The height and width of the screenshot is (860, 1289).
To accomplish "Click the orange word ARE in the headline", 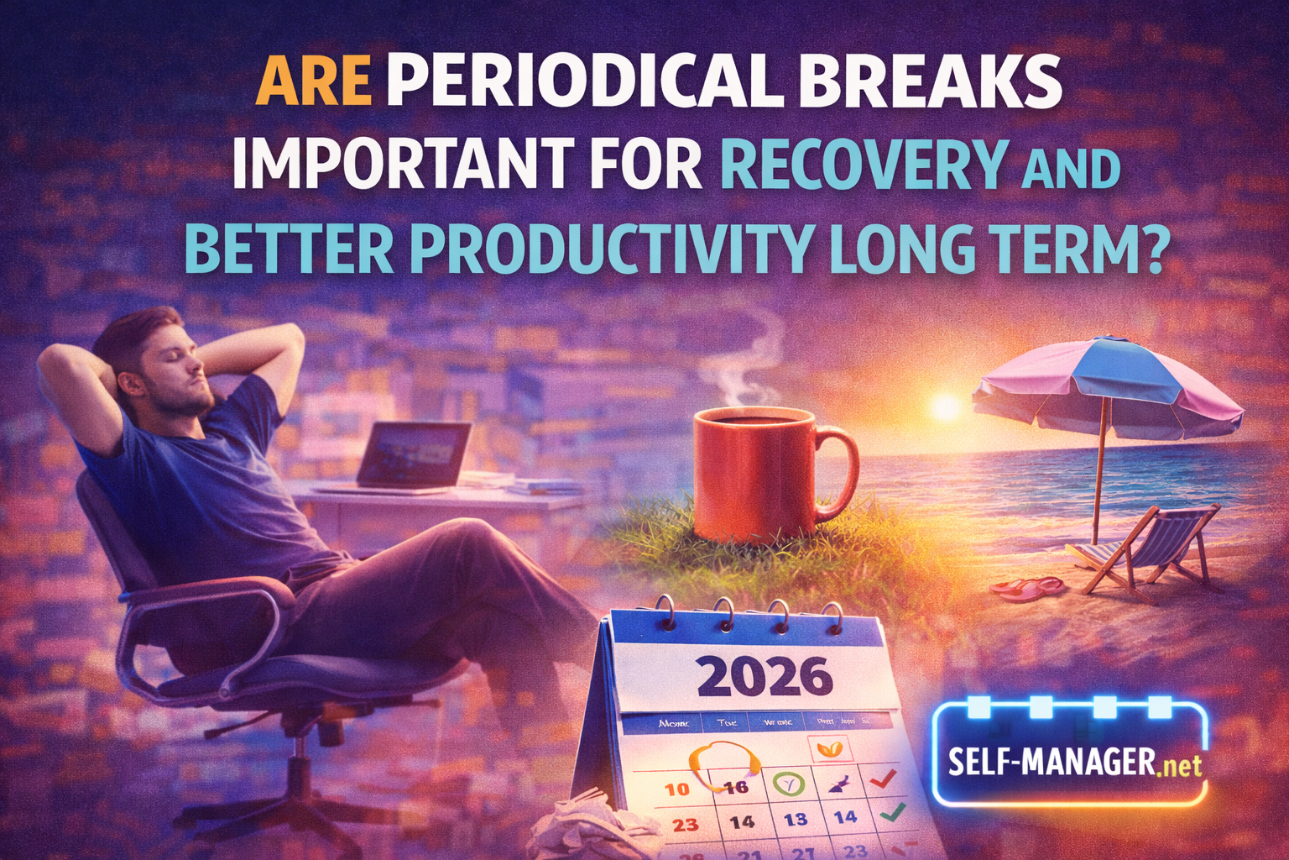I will pyautogui.click(x=313, y=82).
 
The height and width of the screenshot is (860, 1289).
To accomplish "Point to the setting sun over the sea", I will pyautogui.click(x=946, y=407).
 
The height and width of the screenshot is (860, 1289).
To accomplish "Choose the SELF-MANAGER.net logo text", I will pyautogui.click(x=1073, y=762).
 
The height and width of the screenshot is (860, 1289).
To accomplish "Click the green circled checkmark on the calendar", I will pyautogui.click(x=789, y=784).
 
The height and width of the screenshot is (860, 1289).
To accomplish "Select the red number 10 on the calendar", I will pyautogui.click(x=676, y=789).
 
